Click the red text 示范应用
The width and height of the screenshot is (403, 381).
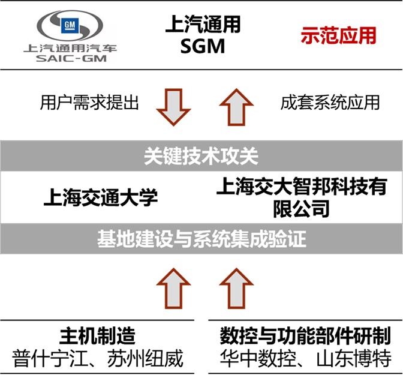pos(338,35)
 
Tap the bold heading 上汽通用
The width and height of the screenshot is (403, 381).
pos(203,25)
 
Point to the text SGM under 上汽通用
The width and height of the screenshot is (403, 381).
pos(203,47)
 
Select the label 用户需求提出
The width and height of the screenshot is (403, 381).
pos(89,103)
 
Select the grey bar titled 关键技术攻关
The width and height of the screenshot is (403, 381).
pos(201,156)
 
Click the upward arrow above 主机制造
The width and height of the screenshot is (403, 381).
pos(173,284)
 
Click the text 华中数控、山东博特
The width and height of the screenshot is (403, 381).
pos(305,358)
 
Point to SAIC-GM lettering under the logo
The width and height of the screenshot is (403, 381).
pos(70,59)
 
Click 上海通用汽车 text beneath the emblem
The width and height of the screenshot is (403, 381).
pos(70,48)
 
